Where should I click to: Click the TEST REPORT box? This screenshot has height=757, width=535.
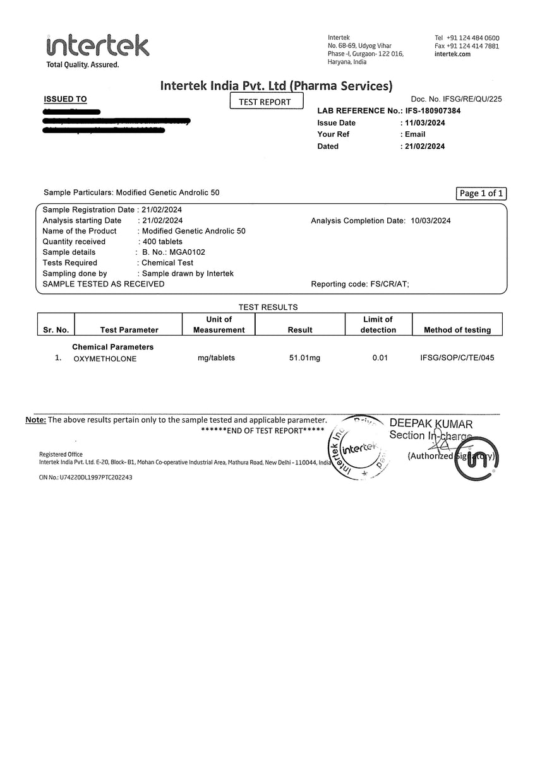point(267,102)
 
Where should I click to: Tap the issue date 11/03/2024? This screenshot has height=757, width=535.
point(424,123)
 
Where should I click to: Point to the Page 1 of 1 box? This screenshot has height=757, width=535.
point(481,194)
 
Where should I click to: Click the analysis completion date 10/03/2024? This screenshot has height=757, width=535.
point(431,221)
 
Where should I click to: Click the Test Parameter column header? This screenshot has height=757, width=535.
point(129,330)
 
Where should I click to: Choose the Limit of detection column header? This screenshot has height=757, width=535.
point(378,324)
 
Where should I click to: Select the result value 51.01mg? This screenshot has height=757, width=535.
point(304,358)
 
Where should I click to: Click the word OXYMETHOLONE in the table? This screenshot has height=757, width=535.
point(105,359)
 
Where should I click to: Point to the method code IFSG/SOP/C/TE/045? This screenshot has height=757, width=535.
point(457,358)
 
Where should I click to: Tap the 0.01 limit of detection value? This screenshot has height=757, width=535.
point(380,358)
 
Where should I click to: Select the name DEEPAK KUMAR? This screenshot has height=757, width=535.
point(431,424)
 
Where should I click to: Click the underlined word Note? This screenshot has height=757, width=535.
point(35,420)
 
